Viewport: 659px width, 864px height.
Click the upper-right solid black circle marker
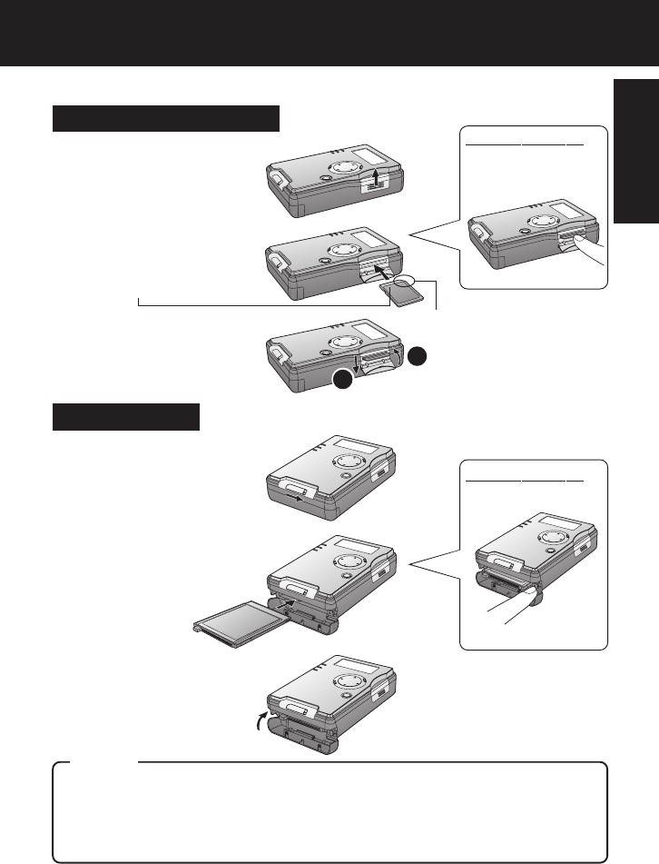point(417,355)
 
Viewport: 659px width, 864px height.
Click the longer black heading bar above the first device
point(165,118)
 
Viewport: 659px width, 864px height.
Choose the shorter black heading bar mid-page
point(125,418)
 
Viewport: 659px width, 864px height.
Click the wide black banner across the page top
point(329,33)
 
